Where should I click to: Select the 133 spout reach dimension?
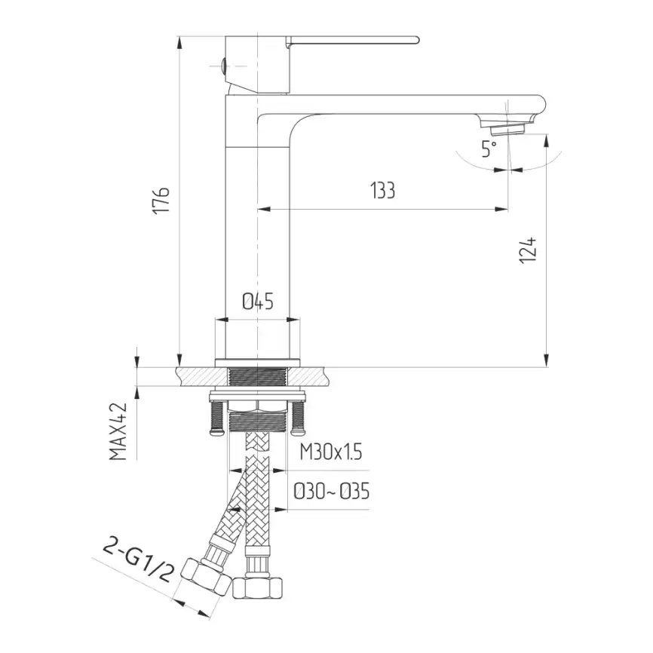[x=382, y=191]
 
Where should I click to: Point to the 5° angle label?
[x=489, y=149]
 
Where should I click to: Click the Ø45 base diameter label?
[x=257, y=302]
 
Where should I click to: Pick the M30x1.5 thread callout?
[x=330, y=452]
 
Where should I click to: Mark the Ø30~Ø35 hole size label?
[x=332, y=492]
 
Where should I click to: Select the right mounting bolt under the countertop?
[x=300, y=417]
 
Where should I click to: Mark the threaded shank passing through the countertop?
[x=258, y=376]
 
